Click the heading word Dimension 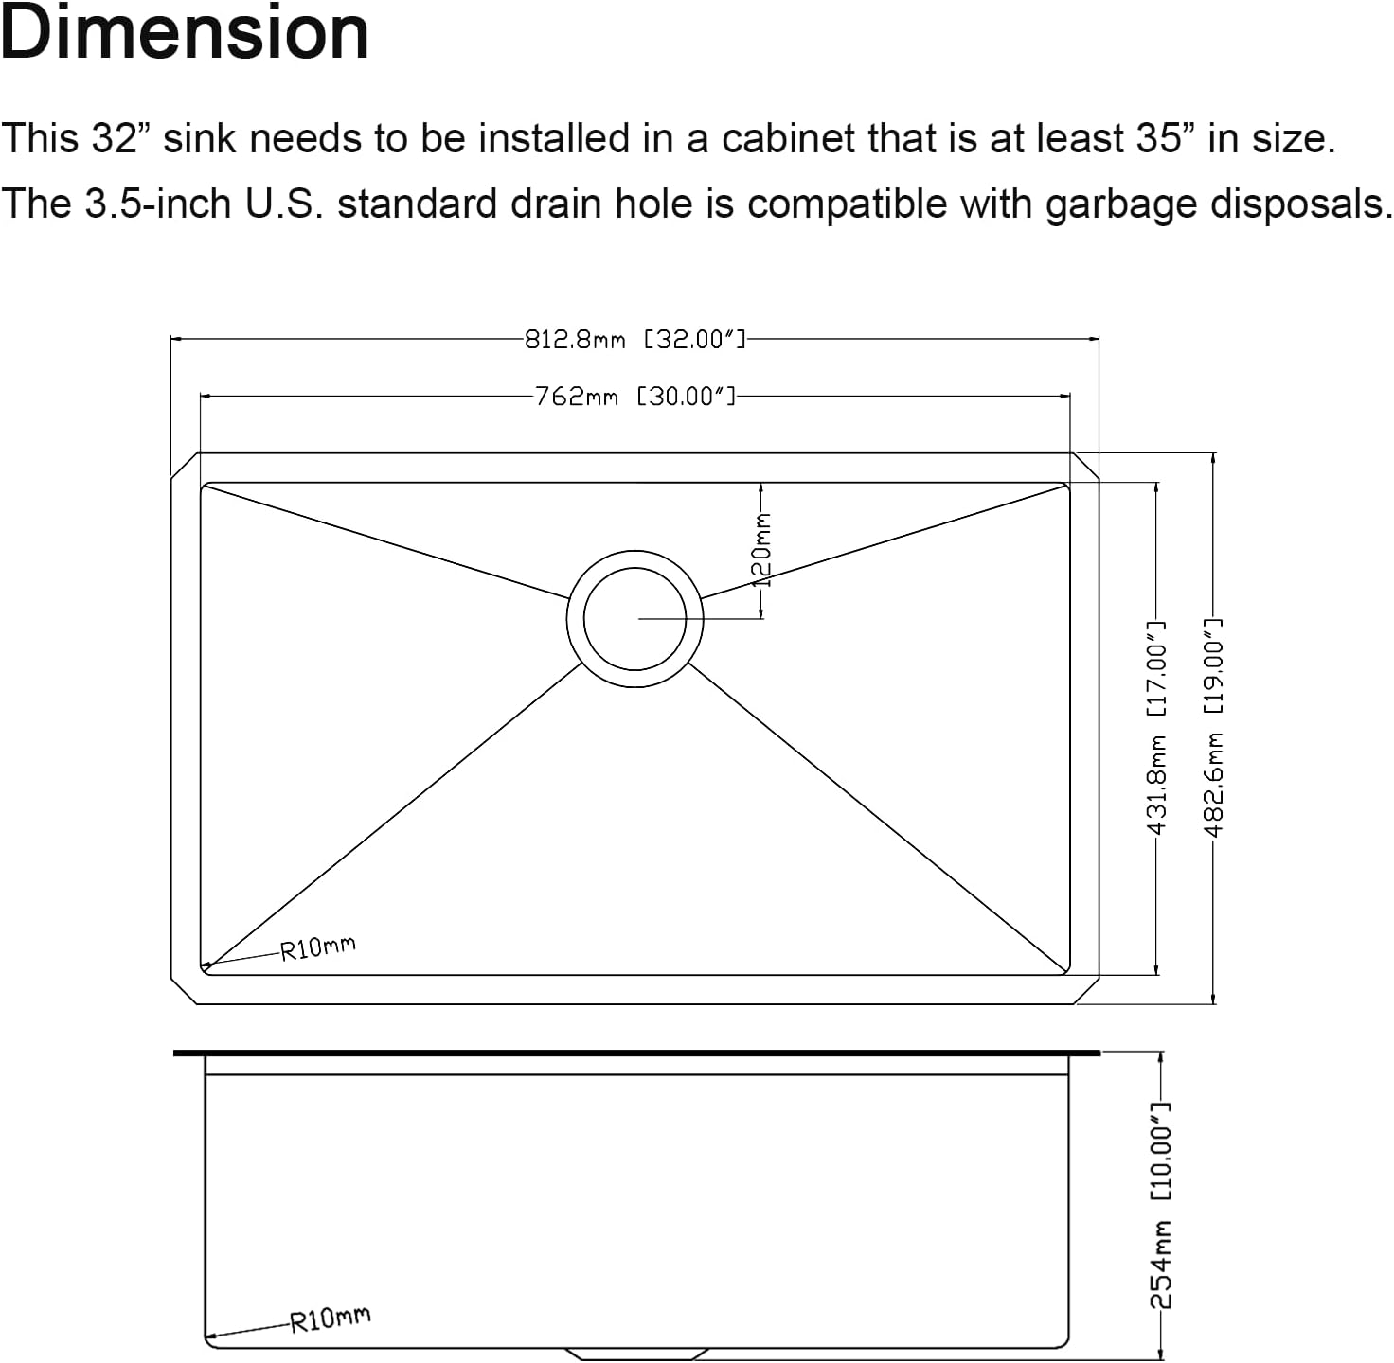click(x=185, y=34)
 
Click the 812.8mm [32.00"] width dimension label click(x=634, y=339)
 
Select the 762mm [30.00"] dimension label click(x=634, y=397)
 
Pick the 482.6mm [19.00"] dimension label click(x=1214, y=727)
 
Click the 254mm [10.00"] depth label click(x=1161, y=1205)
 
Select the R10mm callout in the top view click(x=318, y=947)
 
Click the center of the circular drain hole click(x=634, y=619)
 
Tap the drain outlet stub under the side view click(x=634, y=1354)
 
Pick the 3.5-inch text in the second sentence click(x=151, y=204)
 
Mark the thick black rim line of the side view click(x=636, y=1053)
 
